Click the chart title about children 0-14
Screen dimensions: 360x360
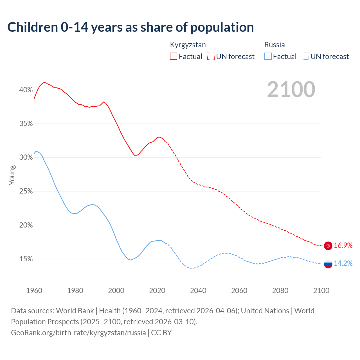(x=130, y=27)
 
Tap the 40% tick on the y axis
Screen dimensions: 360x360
(x=26, y=90)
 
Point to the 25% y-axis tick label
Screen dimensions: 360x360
(x=26, y=191)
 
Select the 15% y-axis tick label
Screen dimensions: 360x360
(x=26, y=259)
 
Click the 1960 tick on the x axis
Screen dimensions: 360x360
(x=34, y=291)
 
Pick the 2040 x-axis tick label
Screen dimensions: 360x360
(x=198, y=291)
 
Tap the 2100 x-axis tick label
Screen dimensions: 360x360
(x=321, y=291)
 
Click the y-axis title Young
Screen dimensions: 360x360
(x=12, y=175)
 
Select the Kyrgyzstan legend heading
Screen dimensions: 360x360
(x=188, y=45)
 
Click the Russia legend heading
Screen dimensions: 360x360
(x=274, y=45)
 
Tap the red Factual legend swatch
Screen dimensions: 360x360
(x=174, y=57)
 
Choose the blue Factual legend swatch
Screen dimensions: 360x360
(x=268, y=57)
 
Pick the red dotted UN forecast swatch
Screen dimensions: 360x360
(x=211, y=57)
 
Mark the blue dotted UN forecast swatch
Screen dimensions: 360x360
(x=305, y=57)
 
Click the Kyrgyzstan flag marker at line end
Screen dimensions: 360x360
(x=328, y=246)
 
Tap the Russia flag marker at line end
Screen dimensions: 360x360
(x=328, y=264)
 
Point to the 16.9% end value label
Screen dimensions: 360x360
(x=343, y=246)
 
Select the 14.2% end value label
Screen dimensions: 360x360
(x=343, y=263)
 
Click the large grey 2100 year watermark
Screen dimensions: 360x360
(x=291, y=89)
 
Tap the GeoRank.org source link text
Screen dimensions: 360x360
(x=78, y=333)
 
